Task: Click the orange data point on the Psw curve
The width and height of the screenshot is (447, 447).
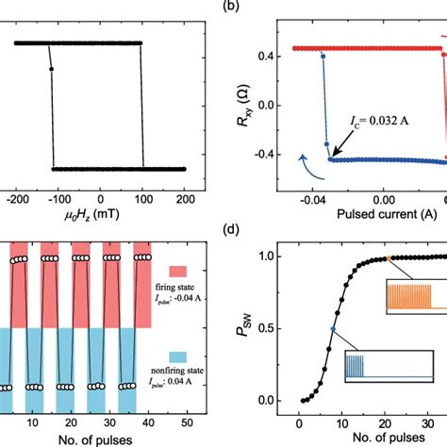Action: (388, 257)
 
